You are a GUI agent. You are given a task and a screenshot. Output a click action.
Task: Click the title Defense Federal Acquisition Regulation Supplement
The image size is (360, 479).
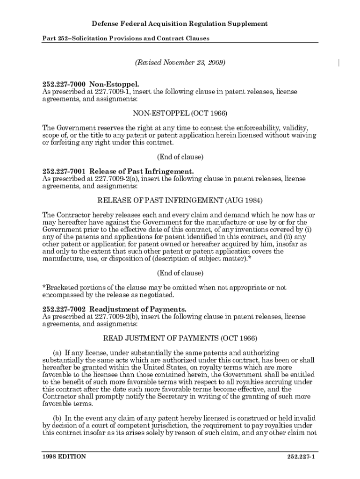point(180,23)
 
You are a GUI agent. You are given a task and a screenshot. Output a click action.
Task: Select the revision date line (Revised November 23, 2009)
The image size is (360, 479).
point(180,62)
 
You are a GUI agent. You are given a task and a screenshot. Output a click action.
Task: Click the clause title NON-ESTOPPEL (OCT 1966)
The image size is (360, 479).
point(180,113)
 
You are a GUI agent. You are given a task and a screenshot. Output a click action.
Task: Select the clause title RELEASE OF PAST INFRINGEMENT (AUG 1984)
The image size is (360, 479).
point(180,200)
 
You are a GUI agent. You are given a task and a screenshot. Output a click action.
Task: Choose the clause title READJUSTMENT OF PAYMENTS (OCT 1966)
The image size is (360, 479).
point(180,338)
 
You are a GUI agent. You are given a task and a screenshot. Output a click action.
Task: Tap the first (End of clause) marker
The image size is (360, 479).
point(180,157)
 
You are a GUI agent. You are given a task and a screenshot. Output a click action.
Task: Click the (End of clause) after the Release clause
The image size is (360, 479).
point(180,273)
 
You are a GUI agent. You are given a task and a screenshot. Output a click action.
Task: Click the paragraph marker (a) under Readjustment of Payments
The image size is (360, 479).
point(57,352)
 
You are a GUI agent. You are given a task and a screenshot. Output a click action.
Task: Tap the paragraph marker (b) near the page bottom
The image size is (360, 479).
point(57,418)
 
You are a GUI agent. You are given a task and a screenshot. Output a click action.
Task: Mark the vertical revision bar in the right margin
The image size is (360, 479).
point(338,63)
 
